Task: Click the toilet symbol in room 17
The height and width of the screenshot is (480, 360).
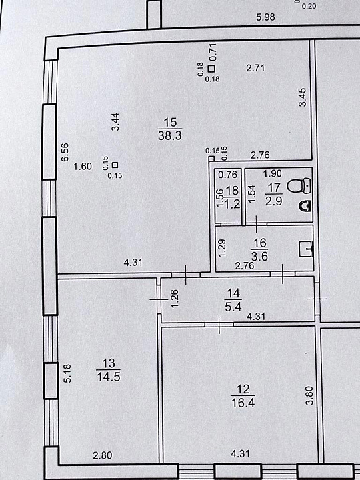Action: coord(299,186)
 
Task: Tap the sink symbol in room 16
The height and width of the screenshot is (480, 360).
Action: coord(305,249)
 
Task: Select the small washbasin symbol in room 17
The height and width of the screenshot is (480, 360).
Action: coord(305,206)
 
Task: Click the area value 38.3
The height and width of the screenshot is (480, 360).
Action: coord(170,135)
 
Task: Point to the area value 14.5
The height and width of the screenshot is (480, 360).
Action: coord(109,377)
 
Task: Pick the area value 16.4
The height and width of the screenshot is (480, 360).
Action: coord(243,403)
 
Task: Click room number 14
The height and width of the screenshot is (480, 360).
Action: coord(233,293)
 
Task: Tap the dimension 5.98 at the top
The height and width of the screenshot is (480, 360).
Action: coord(265,17)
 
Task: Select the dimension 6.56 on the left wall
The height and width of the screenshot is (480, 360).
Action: coord(65,152)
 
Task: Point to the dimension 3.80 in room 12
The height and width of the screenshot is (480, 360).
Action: coord(309,395)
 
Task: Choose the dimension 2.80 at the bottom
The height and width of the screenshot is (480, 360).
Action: coord(103,455)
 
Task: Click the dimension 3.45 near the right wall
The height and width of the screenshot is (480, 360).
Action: coord(302,97)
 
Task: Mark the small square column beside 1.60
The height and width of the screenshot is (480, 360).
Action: coord(115,165)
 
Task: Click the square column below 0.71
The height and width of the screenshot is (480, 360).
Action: coord(211,69)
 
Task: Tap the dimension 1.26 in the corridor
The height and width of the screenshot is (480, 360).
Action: coord(174,299)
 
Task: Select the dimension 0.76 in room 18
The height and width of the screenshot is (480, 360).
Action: coord(228,175)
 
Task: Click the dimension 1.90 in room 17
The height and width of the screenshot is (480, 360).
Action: coord(273,173)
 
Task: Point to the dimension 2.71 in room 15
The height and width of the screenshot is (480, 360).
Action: coord(255,67)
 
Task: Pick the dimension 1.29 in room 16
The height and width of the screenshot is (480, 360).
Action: coord(223,247)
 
